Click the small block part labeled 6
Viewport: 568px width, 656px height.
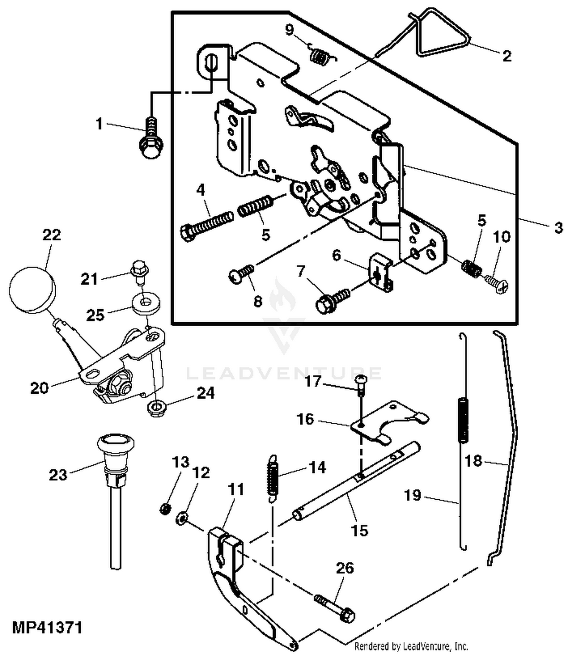[381, 272]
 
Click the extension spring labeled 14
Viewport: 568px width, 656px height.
[273, 478]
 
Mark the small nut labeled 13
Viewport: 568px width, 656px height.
[164, 509]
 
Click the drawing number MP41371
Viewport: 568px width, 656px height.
[47, 628]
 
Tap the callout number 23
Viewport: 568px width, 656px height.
[58, 475]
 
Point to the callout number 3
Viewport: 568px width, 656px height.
[559, 228]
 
